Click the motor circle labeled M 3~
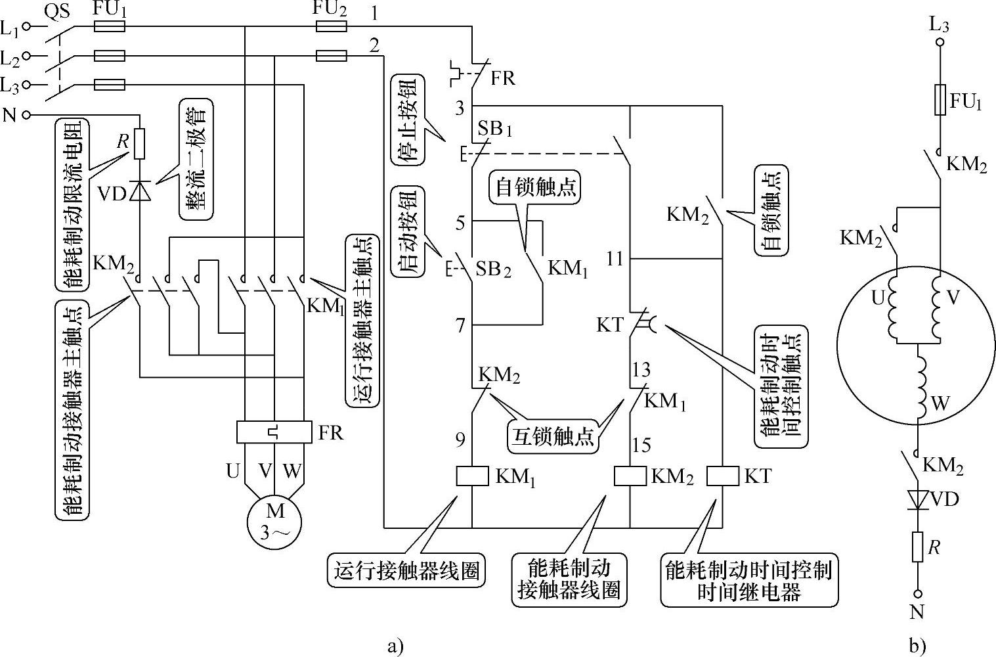pyautogui.click(x=274, y=522)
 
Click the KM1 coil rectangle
pyautogui.click(x=472, y=476)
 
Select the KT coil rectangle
pyautogui.click(x=723, y=476)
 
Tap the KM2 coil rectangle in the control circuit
pyautogui.click(x=630, y=476)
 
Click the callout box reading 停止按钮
pyautogui.click(x=408, y=120)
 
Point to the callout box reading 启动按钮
pyautogui.click(x=408, y=232)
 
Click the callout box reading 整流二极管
pyautogui.click(x=196, y=159)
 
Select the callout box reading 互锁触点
pyautogui.click(x=552, y=438)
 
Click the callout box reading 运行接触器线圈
pyautogui.click(x=406, y=570)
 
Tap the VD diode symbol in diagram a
pyautogui.click(x=140, y=191)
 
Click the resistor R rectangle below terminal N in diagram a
pyautogui.click(x=140, y=144)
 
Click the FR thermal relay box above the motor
pyautogui.click(x=274, y=432)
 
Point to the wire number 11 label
pyautogui.click(x=615, y=258)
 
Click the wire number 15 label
pyautogui.click(x=641, y=445)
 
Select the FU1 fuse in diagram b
pyautogui.click(x=940, y=100)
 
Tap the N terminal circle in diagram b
pyautogui.click(x=918, y=593)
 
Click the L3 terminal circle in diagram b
pyautogui.click(x=940, y=42)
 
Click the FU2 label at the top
pyautogui.click(x=330, y=9)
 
